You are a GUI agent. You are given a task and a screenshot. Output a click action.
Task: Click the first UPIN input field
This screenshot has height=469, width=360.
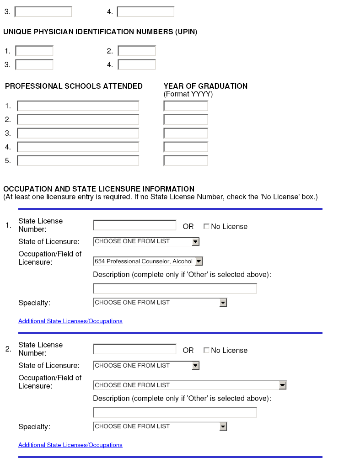[x=34, y=51]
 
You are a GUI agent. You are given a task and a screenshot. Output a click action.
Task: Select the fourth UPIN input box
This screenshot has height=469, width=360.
[x=137, y=64]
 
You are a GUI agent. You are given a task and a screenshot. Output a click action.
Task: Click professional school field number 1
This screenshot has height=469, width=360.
[x=78, y=106]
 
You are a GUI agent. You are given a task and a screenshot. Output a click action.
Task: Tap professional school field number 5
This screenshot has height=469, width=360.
[x=78, y=161]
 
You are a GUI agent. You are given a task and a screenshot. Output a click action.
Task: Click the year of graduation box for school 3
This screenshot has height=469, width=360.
[x=186, y=133]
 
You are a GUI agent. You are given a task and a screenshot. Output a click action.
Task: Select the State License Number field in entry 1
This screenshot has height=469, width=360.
[x=134, y=225]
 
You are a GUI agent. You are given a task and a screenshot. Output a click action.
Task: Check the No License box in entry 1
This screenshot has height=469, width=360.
[x=206, y=226]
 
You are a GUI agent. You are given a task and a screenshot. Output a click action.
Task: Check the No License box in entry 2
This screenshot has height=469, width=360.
[x=206, y=350]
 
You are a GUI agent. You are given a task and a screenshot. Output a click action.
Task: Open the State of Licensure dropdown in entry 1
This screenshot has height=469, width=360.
[x=146, y=241]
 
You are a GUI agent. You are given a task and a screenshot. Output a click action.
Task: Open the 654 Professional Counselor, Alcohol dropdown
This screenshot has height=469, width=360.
[x=148, y=261]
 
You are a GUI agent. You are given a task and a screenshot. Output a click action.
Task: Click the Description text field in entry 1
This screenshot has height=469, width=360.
[x=175, y=288]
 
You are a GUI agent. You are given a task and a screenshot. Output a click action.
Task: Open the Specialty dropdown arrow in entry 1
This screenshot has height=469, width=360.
[x=223, y=303]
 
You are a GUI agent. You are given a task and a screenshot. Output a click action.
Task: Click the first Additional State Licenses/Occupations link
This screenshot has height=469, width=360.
[x=70, y=321]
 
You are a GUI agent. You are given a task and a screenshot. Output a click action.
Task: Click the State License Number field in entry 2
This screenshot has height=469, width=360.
[x=134, y=349]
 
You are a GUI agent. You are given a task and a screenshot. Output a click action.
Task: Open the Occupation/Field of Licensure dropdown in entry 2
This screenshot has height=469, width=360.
[x=190, y=385]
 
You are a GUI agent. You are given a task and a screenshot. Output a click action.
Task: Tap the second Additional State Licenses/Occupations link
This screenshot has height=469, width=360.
[x=70, y=445]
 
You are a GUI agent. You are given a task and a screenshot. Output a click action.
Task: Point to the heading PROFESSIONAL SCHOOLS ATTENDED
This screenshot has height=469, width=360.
[x=74, y=86]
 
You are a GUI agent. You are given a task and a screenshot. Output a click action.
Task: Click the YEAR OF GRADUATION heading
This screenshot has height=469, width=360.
[x=205, y=86]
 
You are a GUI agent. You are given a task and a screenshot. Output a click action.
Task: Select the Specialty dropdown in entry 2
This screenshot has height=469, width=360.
[x=160, y=426]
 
